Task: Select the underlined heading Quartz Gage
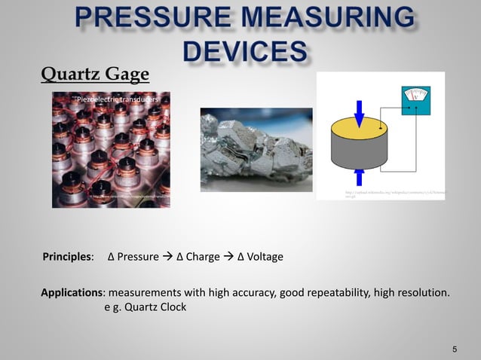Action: point(95,75)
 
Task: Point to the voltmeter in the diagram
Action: point(415,102)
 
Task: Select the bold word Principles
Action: point(67,258)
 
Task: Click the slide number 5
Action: point(455,349)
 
